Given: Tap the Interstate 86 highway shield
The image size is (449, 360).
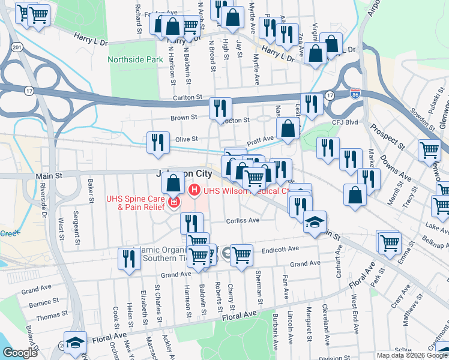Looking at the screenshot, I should [x=355, y=94].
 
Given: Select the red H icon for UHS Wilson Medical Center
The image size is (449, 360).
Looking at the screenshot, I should [x=194, y=191].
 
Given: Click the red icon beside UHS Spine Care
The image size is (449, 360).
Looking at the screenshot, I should [x=174, y=202].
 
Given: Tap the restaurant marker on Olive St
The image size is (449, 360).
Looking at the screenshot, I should [x=157, y=143].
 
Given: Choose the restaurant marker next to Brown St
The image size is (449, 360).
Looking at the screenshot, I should [x=220, y=108].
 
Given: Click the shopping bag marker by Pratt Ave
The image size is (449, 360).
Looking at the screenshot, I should [x=288, y=128].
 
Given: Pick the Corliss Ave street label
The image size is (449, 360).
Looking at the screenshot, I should [x=243, y=220].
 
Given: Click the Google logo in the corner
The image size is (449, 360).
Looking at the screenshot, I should [x=20, y=353].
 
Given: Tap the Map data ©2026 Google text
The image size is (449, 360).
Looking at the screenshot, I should [x=412, y=355].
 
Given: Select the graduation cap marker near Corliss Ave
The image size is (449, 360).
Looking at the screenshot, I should [x=315, y=222].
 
